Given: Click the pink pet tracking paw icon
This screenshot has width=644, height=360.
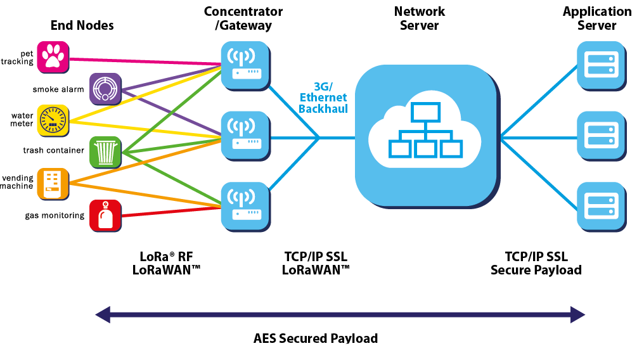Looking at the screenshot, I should tap(52, 57).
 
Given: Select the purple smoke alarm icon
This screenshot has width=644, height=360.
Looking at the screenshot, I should tap(105, 88).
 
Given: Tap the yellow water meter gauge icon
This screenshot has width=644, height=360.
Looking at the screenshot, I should tap(52, 120).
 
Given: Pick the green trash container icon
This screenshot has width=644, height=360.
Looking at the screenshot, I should tap(105, 151).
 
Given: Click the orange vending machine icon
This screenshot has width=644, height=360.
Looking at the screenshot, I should tap(52, 183).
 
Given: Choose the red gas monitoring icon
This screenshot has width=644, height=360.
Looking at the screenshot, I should tap(105, 215).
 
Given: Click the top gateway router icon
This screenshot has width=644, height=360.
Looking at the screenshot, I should tap(244, 65).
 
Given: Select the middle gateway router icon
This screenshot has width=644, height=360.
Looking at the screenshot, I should tap(244, 135).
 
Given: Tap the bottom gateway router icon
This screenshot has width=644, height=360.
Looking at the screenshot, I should tap(244, 206).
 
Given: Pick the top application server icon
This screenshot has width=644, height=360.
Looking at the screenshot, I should tap(599, 64).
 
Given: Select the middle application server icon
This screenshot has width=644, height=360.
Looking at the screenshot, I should tap(599, 135).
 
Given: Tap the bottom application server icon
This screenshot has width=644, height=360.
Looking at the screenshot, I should tap(599, 206).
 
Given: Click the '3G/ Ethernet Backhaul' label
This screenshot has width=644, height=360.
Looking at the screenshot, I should tap(323, 98).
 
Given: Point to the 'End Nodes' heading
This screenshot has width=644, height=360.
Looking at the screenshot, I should tap(82, 25).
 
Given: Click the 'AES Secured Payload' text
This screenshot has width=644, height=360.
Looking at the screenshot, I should tap(316, 338).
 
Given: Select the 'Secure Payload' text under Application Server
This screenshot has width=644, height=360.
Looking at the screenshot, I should tap(536, 270).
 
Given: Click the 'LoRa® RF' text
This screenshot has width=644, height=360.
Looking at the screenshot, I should tap(166, 257).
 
